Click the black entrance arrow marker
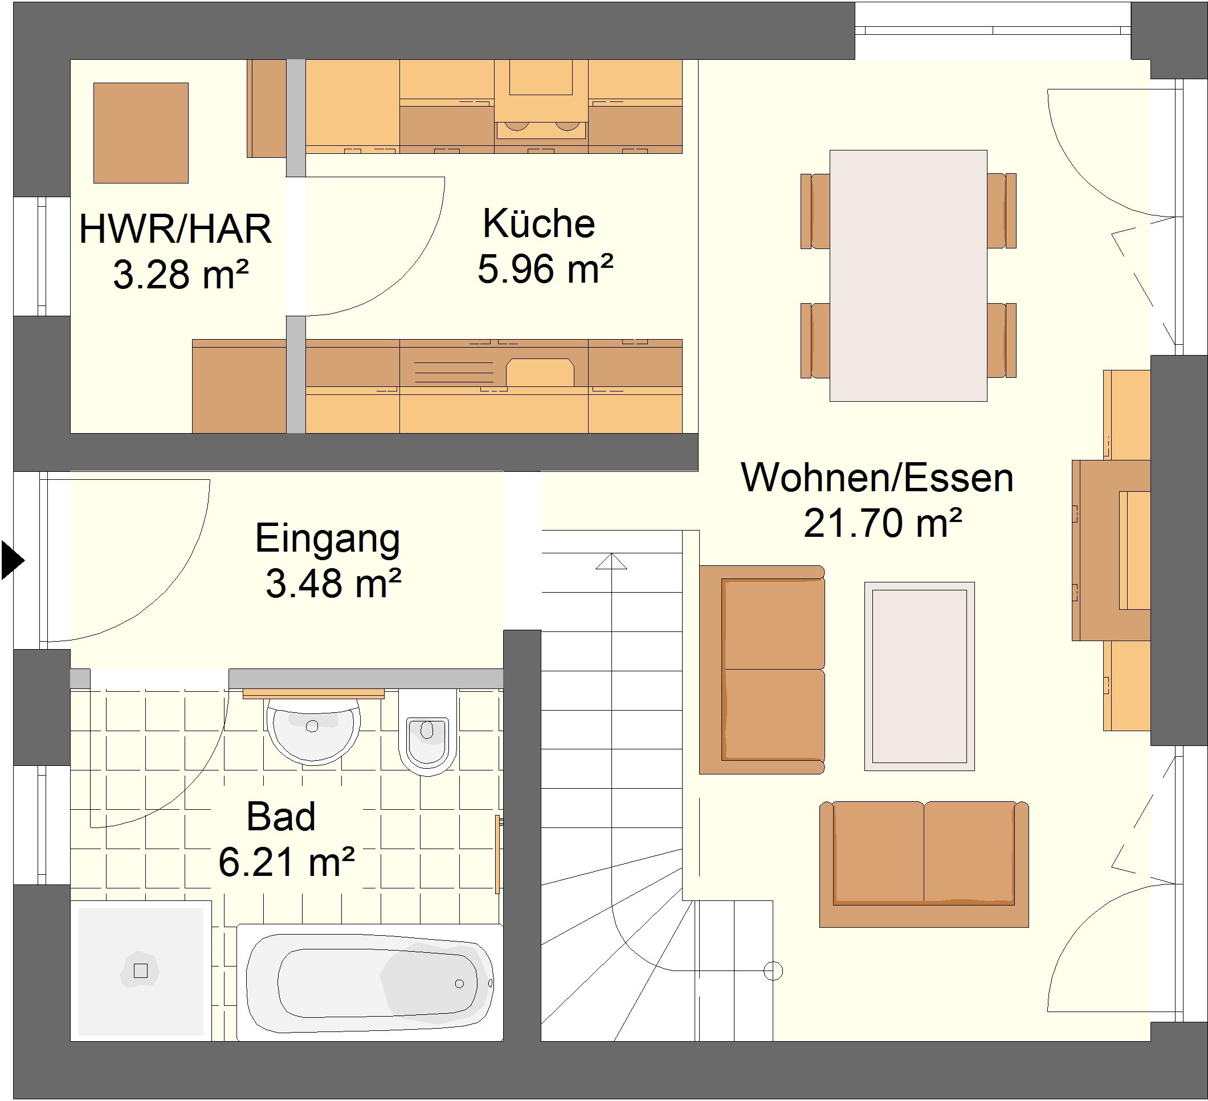point(12,560)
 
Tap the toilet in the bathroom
point(427,732)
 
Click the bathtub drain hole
point(459,984)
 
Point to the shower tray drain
point(140,970)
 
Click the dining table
point(908,275)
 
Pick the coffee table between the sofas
point(919,675)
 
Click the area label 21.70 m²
point(883,523)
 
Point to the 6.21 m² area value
point(287,862)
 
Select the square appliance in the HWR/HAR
point(141,132)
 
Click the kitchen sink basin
point(540,373)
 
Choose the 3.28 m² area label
point(181,275)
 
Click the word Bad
point(281,816)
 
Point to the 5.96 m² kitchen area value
point(545,268)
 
